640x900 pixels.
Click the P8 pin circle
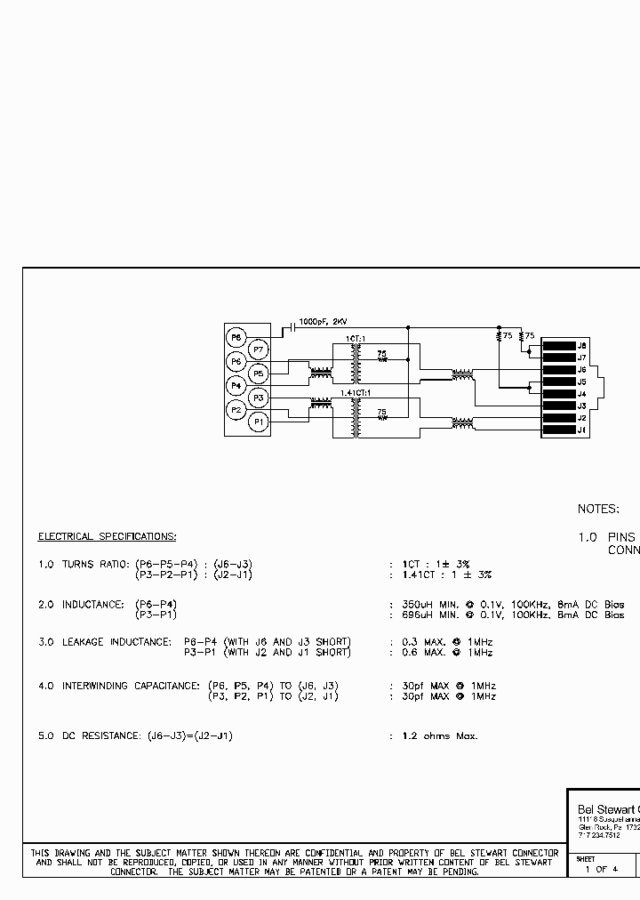(236, 337)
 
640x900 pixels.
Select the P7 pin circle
(258, 350)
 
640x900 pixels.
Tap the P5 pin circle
(258, 374)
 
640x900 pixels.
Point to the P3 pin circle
(258, 398)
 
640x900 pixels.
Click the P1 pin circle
(258, 422)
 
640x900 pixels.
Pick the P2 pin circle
(236, 410)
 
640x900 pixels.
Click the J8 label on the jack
(582, 345)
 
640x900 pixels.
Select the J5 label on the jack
(582, 382)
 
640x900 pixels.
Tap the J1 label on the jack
(582, 430)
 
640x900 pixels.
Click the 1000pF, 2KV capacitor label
(324, 321)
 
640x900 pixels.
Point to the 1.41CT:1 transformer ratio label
(354, 391)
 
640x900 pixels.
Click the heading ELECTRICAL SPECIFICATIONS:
(107, 536)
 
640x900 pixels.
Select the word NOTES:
(597, 509)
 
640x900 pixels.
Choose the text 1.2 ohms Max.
(440, 736)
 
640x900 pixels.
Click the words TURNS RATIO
(94, 565)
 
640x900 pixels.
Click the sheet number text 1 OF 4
(601, 869)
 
